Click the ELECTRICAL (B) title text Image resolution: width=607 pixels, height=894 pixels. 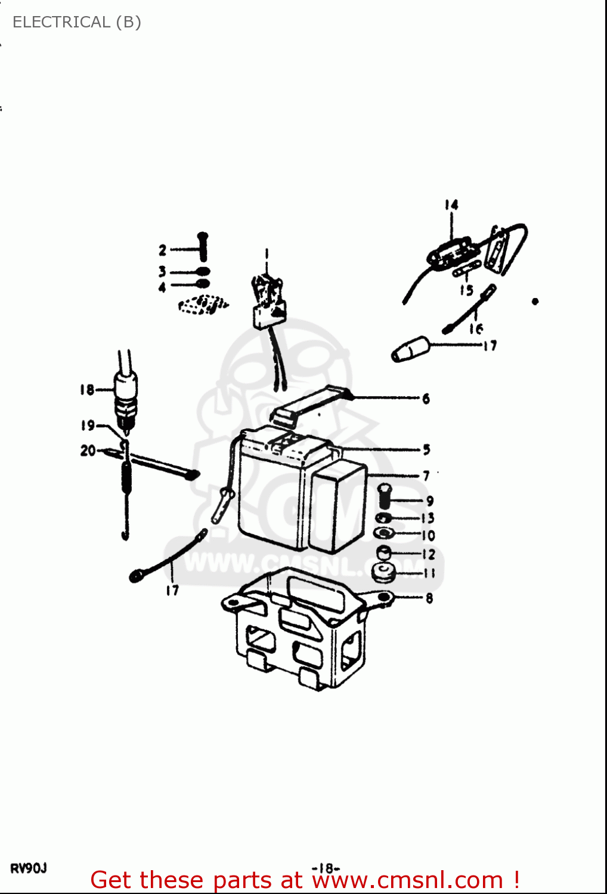76,22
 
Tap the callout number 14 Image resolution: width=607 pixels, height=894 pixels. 451,205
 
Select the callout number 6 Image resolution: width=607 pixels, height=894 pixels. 426,399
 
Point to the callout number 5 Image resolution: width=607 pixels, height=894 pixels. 426,449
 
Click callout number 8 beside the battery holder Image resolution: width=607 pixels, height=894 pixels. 429,598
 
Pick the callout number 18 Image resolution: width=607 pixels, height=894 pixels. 87,390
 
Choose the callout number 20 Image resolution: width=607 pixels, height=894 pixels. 88,451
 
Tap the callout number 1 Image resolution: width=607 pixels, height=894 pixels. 267,253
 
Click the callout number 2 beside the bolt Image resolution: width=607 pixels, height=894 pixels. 162,250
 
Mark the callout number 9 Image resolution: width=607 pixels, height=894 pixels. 429,501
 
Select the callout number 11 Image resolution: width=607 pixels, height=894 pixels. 429,573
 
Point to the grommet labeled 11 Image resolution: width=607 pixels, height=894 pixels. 383,573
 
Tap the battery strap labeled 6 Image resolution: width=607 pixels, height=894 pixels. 310,403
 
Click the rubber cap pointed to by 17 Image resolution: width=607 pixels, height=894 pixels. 410,349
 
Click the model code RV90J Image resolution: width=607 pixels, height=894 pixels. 28,868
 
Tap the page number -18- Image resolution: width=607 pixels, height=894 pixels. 326,868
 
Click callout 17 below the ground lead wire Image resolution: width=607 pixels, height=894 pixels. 172,591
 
